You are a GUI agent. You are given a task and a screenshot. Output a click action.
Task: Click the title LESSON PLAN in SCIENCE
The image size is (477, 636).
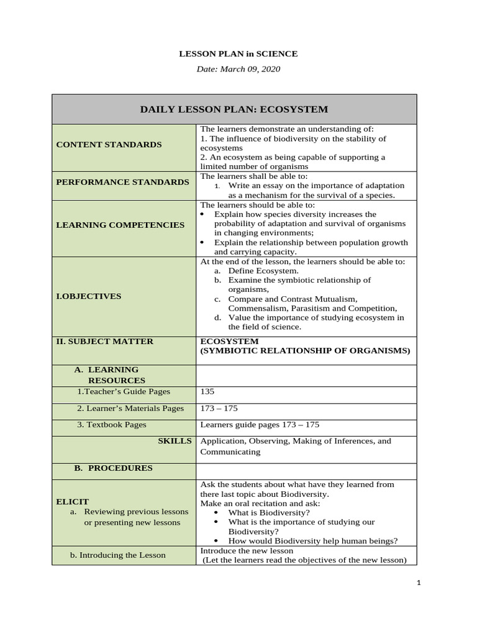pos(238,53)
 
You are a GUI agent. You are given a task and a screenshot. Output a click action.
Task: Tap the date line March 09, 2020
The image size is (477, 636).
pos(238,69)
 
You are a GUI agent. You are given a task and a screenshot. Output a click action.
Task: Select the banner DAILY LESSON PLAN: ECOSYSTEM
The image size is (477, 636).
pos(234,110)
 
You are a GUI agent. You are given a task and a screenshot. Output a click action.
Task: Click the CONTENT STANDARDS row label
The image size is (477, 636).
pos(109,145)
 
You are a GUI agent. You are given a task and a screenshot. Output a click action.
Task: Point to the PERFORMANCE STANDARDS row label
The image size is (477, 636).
pos(122,182)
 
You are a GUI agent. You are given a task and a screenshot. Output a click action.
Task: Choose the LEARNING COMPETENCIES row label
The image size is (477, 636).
pos(120,225)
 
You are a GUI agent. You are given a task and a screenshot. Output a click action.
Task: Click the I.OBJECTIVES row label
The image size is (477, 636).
pos(89,296)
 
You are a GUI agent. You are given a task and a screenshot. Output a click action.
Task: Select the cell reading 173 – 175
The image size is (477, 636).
pos(219,409)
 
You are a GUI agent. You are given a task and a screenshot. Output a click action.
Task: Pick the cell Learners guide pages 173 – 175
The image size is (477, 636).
pos(260,425)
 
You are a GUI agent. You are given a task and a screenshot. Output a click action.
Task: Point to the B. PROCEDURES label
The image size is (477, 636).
pos(113,468)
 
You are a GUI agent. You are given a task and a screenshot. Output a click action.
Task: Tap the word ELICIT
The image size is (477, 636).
pos(72,502)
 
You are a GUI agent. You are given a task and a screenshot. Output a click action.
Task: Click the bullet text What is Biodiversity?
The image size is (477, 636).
pos(269,513)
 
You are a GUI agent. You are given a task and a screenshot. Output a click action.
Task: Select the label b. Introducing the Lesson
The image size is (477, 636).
pos(117,555)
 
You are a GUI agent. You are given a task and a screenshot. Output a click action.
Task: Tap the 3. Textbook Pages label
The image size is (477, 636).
pos(112,425)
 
